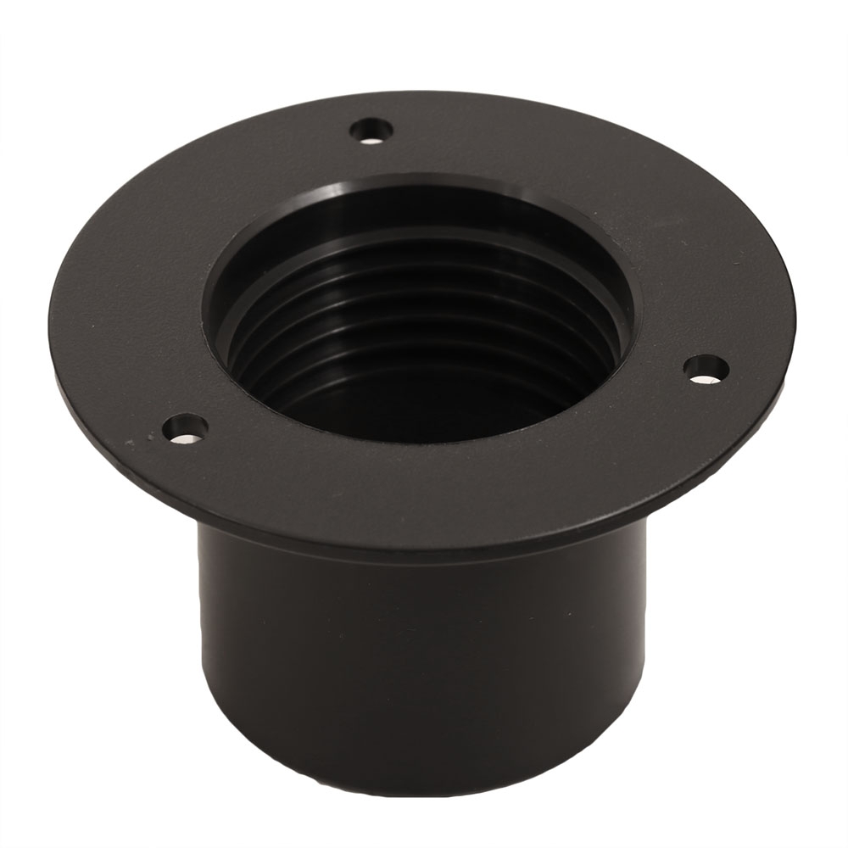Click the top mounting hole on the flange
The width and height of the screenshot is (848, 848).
pyautogui.click(x=372, y=131)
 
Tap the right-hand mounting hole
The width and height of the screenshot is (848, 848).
pyautogui.click(x=706, y=368)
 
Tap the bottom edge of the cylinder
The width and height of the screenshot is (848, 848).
pyautogui.click(x=424, y=793)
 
